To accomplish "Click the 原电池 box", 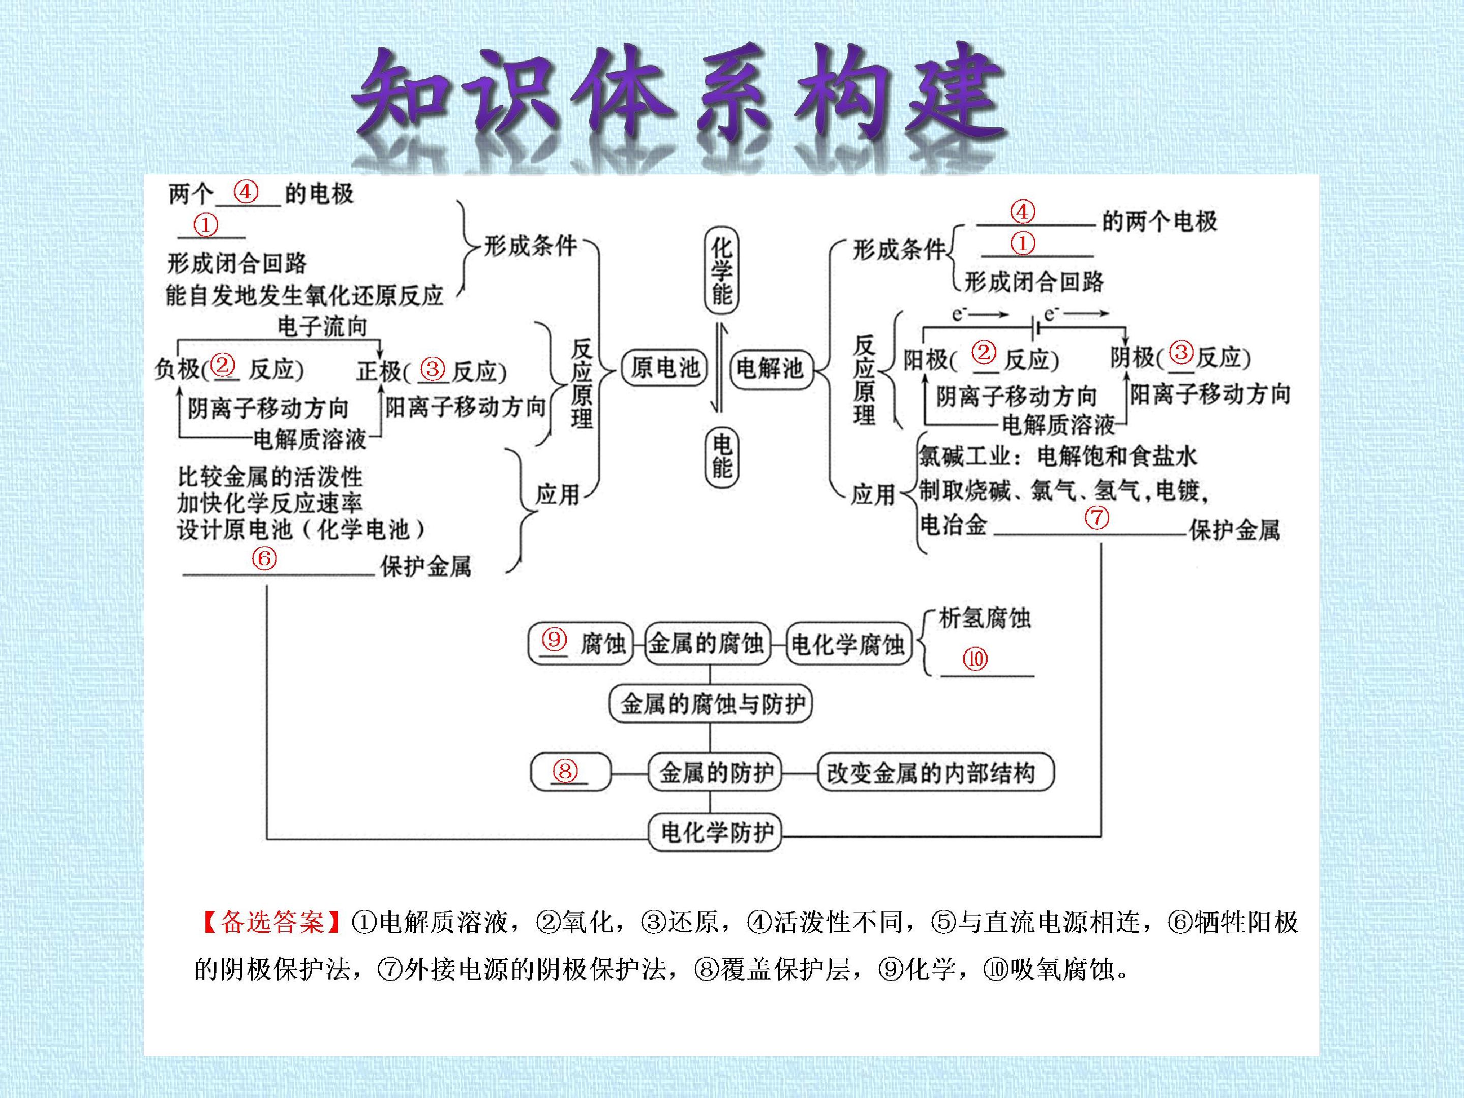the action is point(664,368).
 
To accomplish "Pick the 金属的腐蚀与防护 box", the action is point(710,704).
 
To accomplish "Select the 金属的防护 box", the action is point(715,772).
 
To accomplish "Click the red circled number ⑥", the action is point(264,558).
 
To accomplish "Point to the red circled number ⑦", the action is point(1096,517).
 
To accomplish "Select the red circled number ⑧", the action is point(565,771).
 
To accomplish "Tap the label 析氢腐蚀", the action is point(985,618).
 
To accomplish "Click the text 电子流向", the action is point(322,326).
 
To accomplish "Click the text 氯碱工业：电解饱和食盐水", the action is point(1057,456).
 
